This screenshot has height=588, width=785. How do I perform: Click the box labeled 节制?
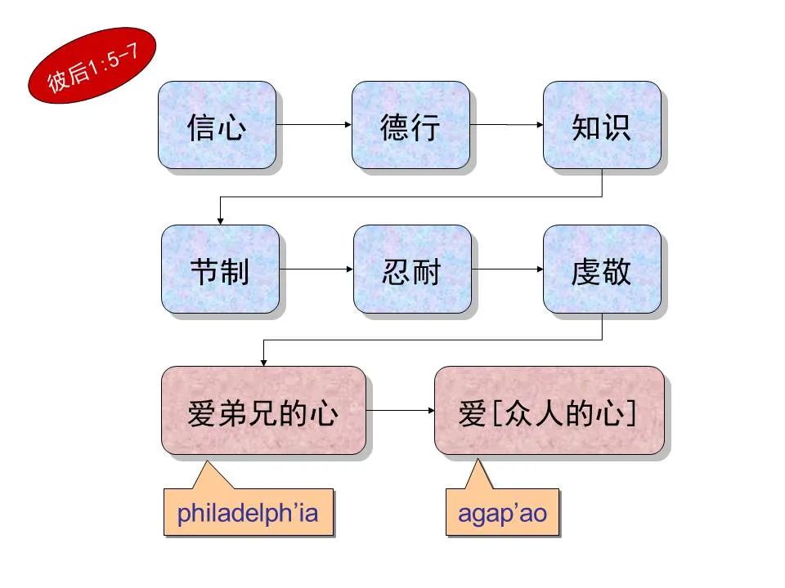220,269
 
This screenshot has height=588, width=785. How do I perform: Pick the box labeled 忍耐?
412,269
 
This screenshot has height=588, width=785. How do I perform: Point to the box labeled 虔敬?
602,269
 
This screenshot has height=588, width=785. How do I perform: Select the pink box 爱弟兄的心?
262,410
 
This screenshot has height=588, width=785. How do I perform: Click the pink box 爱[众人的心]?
548,410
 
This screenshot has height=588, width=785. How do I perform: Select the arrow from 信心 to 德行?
314,125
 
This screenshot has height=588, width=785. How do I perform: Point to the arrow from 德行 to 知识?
507,125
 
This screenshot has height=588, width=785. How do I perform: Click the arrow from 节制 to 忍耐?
316,269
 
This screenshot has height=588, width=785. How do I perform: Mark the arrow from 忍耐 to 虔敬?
507,269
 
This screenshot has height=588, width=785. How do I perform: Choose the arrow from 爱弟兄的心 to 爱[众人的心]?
400,410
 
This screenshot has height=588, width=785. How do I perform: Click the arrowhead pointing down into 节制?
220,220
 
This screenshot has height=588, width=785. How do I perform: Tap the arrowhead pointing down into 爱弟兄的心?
262,361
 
